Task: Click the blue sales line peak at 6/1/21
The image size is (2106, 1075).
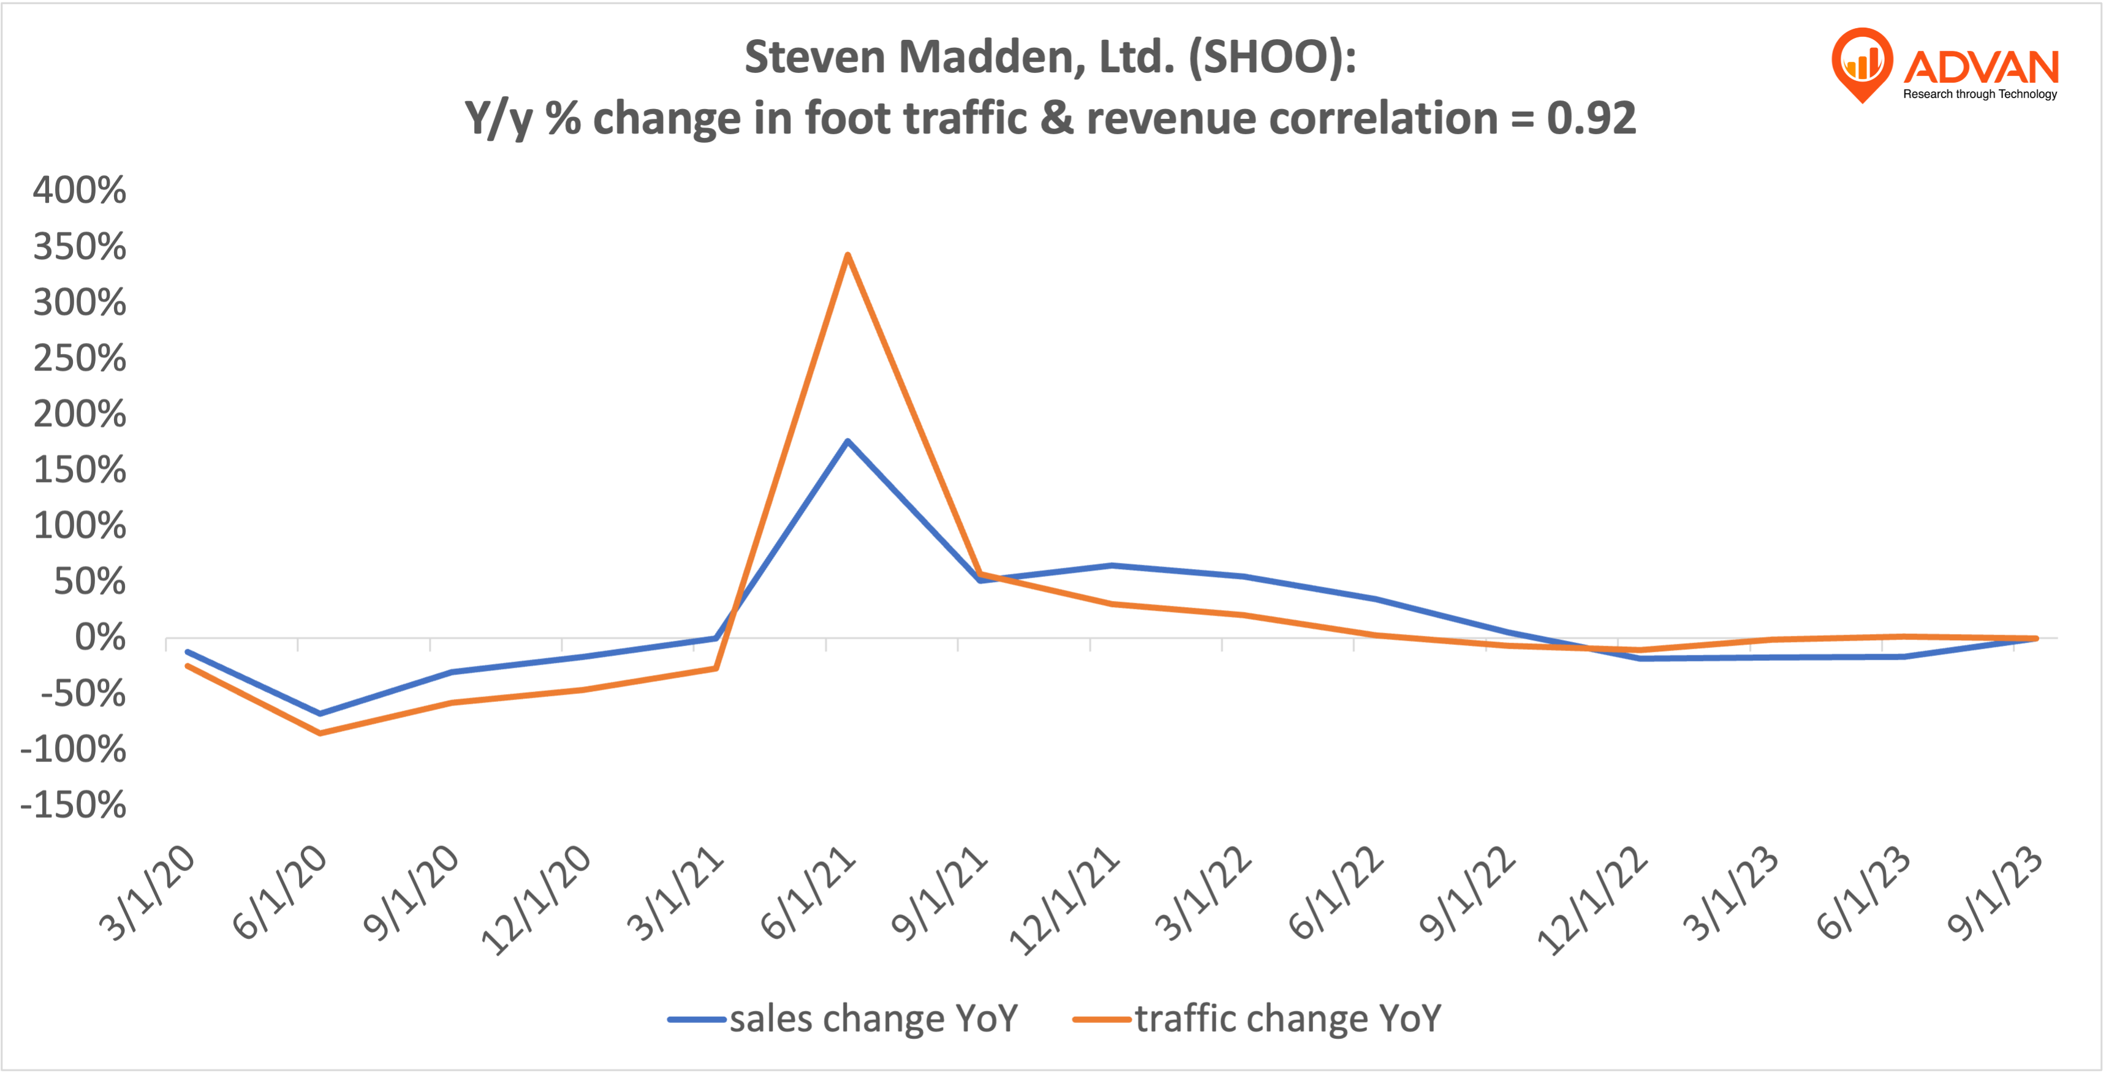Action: pos(848,442)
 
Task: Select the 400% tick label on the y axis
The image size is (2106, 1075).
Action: pos(79,190)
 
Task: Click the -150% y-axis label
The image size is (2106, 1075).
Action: pos(74,805)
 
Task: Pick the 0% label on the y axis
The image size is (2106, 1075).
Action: pos(100,638)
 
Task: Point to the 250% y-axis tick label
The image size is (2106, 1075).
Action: pos(79,358)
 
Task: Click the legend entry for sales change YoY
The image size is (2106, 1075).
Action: pos(842,1019)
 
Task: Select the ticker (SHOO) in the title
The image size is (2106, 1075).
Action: pos(1271,57)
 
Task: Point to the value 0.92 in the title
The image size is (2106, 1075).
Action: pos(1591,118)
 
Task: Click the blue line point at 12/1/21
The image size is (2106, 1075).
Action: pos(1112,565)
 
